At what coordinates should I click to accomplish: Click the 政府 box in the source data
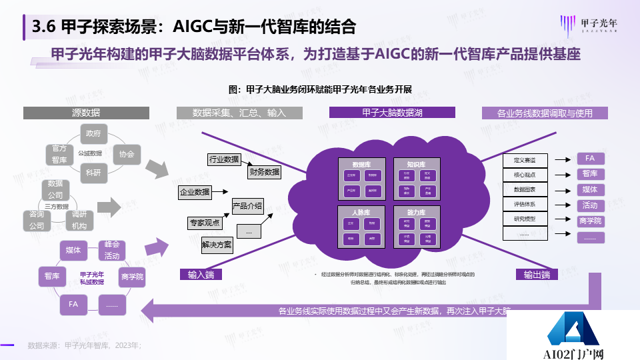point(93,133)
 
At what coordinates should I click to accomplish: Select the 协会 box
point(127,154)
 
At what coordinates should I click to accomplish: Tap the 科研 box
point(93,173)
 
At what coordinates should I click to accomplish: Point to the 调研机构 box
point(79,220)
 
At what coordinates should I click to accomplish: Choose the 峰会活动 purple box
point(111,251)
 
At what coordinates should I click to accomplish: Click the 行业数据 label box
point(224,159)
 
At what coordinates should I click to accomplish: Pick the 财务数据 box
point(264,172)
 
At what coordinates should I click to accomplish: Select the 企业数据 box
point(194,192)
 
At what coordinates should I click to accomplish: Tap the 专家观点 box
point(204,223)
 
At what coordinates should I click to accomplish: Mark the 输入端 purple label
point(201,275)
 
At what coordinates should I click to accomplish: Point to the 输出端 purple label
point(537,275)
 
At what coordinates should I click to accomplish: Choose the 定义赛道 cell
point(525,160)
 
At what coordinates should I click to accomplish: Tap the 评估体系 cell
point(525,204)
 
